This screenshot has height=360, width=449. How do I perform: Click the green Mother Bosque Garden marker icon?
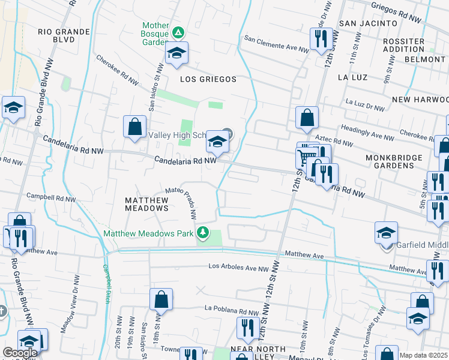pyautogui.click(x=178, y=32)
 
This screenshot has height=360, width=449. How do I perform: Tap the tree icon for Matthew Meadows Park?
pyautogui.click(x=203, y=232)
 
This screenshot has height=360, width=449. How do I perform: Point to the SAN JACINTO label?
pyautogui.click(x=369, y=23)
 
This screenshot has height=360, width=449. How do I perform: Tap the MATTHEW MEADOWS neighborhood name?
pyautogui.click(x=146, y=203)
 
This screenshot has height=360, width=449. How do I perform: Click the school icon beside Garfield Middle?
pyautogui.click(x=387, y=233)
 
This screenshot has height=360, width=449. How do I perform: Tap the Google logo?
pyautogui.click(x=20, y=353)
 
